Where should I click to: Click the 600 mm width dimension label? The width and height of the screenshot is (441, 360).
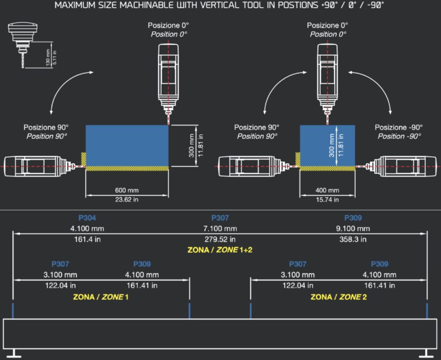pyautogui.click(x=127, y=190)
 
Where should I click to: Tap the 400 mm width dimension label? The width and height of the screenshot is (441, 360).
pyautogui.click(x=327, y=190)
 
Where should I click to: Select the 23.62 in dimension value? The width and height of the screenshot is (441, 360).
pyautogui.click(x=127, y=199)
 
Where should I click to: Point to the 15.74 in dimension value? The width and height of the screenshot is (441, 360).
pyautogui.click(x=327, y=199)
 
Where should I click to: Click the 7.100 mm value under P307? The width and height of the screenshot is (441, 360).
pyautogui.click(x=220, y=228)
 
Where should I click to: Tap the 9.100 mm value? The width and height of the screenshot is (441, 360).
pyautogui.click(x=353, y=228)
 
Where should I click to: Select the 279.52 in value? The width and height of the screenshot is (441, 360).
pyautogui.click(x=220, y=239)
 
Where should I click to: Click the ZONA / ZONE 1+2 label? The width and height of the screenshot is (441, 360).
pyautogui.click(x=220, y=250)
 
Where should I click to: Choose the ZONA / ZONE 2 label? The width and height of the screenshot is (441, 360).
pyautogui.click(x=339, y=297)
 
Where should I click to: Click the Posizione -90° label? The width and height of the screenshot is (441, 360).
pyautogui.click(x=398, y=128)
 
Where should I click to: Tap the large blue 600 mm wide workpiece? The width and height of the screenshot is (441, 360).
pyautogui.click(x=127, y=145)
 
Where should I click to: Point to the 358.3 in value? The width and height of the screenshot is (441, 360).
pyautogui.click(x=353, y=239)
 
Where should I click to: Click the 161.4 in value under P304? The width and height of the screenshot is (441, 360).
pyautogui.click(x=87, y=239)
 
